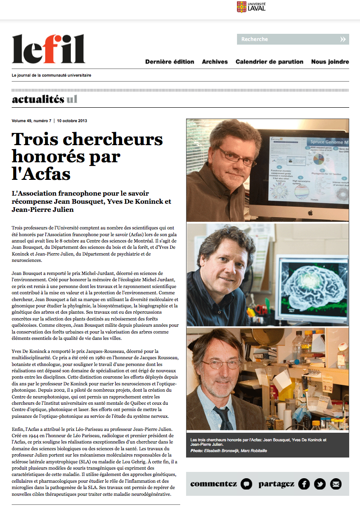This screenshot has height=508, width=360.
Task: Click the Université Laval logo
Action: (x=251, y=7)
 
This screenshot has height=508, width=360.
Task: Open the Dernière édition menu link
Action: (x=169, y=62)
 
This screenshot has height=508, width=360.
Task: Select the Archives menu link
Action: (x=215, y=62)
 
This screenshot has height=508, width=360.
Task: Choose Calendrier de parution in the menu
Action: (x=269, y=62)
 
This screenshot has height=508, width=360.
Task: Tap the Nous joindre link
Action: (x=330, y=62)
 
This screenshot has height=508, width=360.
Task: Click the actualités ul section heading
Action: (x=45, y=99)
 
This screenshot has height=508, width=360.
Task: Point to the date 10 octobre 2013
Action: (x=72, y=121)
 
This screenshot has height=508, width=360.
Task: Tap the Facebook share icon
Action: (x=304, y=484)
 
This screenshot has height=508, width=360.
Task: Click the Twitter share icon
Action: (x=320, y=484)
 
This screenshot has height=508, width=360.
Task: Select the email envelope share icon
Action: (x=336, y=484)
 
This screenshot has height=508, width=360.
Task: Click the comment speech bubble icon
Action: (x=246, y=484)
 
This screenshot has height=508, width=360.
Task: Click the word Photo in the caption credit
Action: (x=197, y=450)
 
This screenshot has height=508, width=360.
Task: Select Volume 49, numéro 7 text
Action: (x=32, y=121)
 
